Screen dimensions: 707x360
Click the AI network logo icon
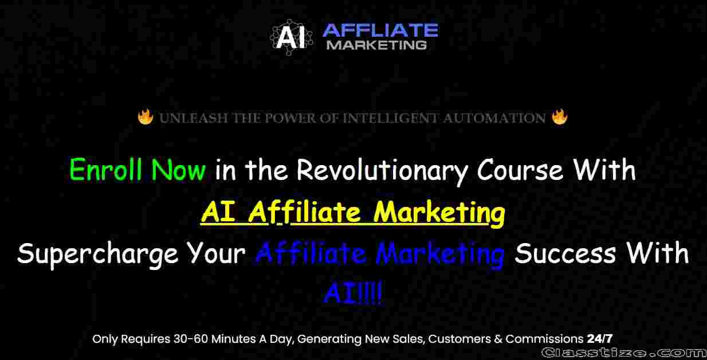tap(291, 37)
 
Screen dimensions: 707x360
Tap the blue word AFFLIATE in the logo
tap(380, 30)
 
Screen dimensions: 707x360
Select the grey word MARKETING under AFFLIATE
tap(376, 45)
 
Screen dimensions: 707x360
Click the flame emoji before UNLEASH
tap(146, 117)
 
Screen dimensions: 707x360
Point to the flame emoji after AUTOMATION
tap(560, 117)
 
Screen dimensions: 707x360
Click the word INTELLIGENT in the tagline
tap(391, 118)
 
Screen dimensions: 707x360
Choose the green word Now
tap(179, 170)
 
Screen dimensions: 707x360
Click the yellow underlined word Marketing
tap(439, 213)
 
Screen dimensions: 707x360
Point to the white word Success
tap(565, 253)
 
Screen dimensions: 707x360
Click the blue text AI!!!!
tap(353, 293)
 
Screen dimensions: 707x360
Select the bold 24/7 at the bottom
tap(600, 339)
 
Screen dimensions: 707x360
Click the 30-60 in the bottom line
tap(191, 339)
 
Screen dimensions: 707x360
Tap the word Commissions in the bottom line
tap(544, 339)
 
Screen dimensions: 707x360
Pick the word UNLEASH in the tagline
tap(194, 118)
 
